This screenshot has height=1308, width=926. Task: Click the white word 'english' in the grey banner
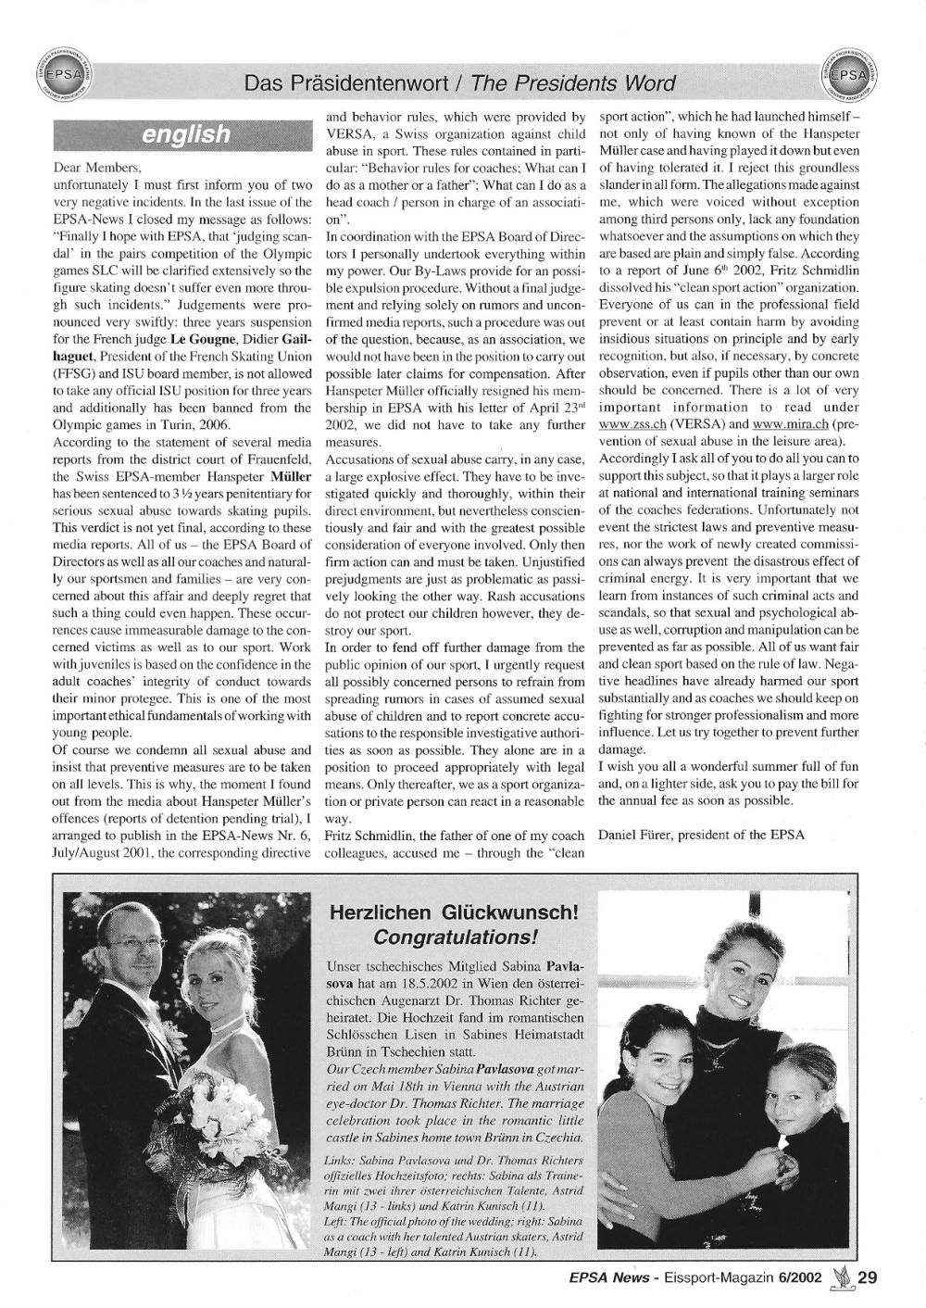click(186, 135)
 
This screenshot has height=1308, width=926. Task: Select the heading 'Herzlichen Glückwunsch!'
click(454, 912)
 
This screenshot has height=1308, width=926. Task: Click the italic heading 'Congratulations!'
click(454, 936)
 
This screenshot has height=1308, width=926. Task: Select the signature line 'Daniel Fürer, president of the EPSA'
click(702, 834)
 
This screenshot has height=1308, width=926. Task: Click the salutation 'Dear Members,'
click(96, 170)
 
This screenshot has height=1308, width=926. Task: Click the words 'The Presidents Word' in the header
click(572, 84)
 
